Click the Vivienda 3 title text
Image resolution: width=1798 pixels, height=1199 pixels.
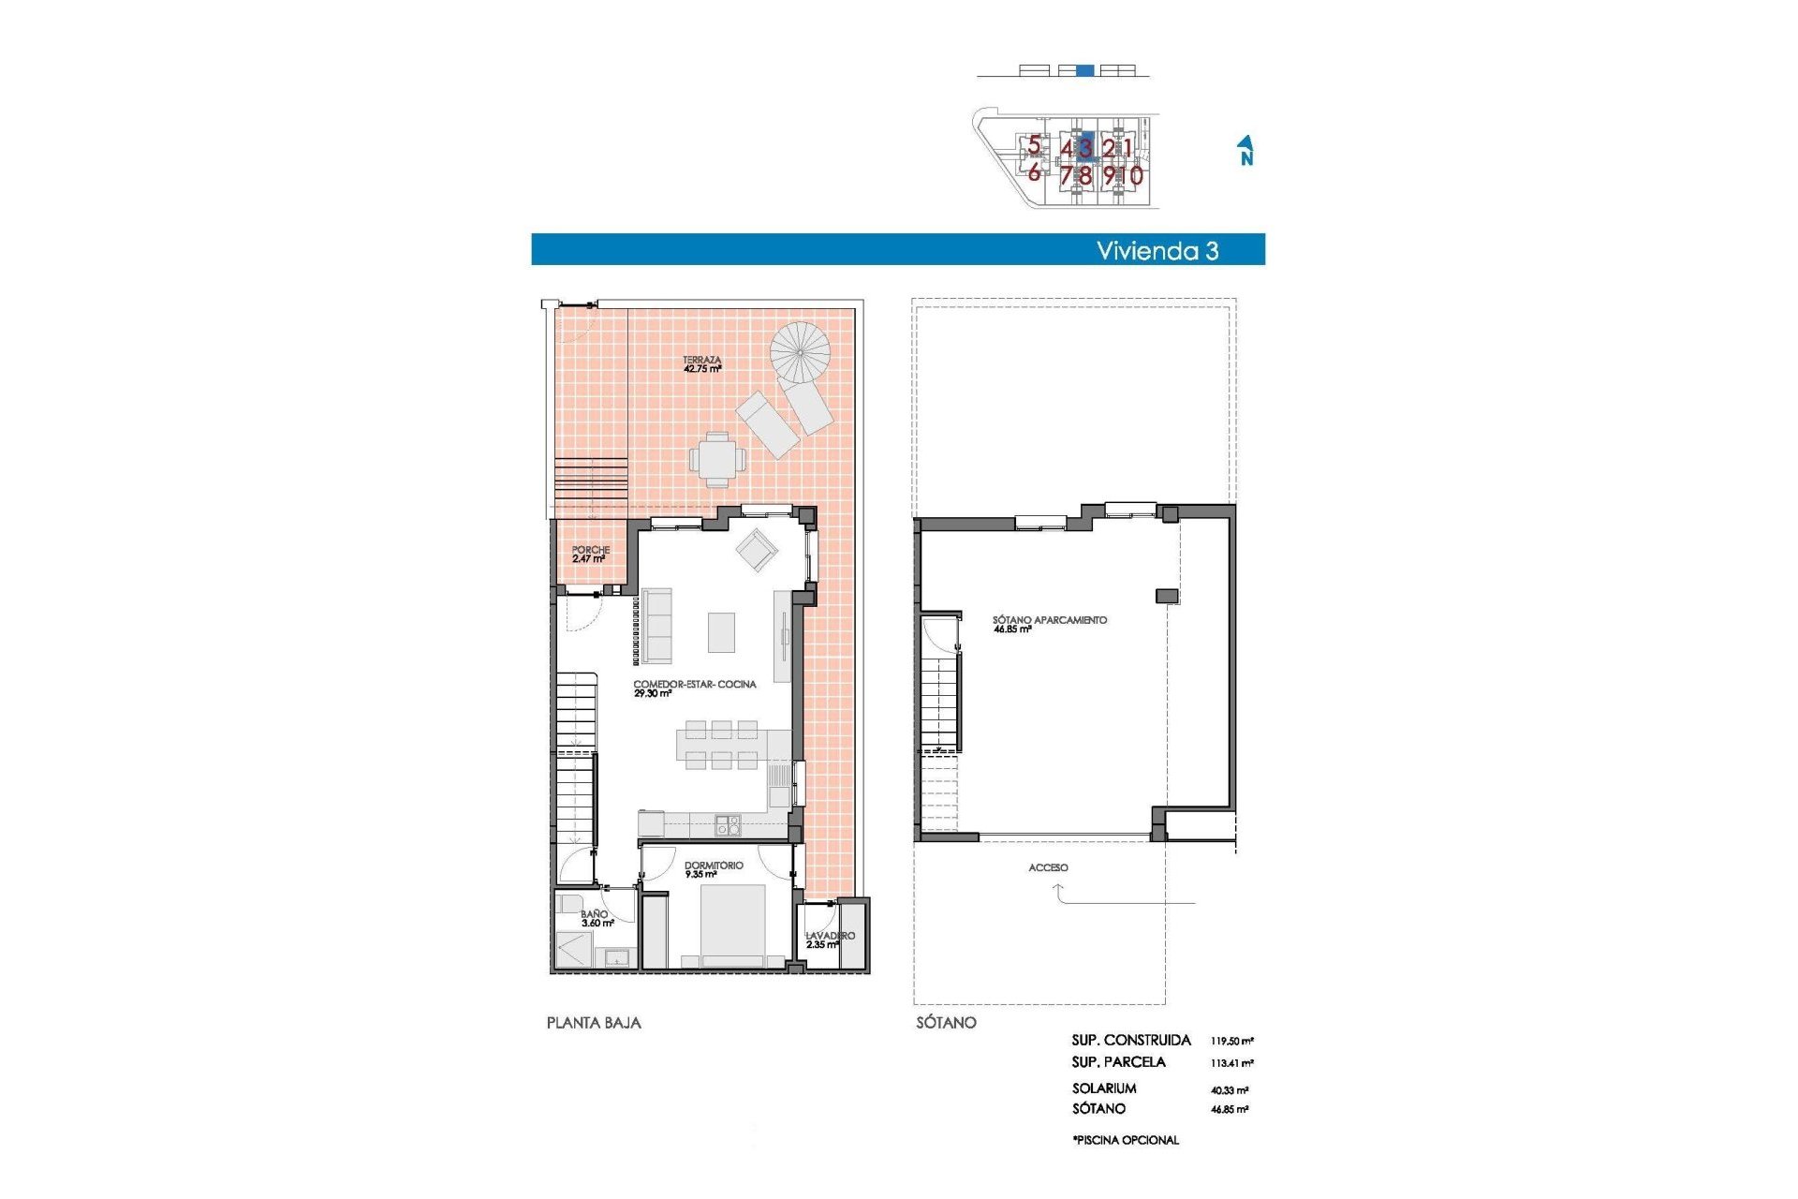click(1157, 250)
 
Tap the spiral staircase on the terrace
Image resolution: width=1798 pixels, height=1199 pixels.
click(800, 352)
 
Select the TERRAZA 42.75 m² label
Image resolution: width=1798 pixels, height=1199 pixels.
click(701, 364)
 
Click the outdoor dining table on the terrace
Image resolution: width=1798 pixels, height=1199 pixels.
click(717, 459)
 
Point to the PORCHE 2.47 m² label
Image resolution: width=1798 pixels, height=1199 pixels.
click(590, 555)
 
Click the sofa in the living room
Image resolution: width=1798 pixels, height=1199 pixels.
click(656, 626)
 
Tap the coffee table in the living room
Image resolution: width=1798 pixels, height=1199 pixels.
click(721, 631)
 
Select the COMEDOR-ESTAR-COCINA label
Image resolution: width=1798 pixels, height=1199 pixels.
click(694, 688)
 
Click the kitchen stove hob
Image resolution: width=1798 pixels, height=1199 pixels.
click(728, 825)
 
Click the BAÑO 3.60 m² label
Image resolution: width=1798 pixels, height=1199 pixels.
click(597, 918)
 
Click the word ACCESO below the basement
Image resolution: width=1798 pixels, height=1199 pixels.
click(1048, 867)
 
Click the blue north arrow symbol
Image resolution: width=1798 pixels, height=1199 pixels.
click(1245, 150)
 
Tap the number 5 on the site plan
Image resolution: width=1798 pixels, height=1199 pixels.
click(1034, 145)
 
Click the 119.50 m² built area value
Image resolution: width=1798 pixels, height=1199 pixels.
click(1231, 1041)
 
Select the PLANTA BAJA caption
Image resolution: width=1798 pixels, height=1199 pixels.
click(594, 1023)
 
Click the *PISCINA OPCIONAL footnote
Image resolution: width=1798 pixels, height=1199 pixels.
click(1126, 1140)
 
